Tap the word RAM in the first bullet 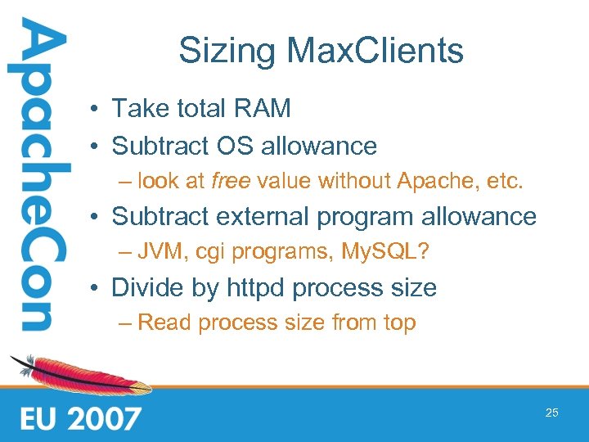pos(263,107)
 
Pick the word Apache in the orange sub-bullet pos(438,180)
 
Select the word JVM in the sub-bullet pos(160,251)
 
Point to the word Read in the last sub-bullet pos(165,322)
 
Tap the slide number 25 pos(552,413)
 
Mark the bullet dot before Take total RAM pos(97,108)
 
